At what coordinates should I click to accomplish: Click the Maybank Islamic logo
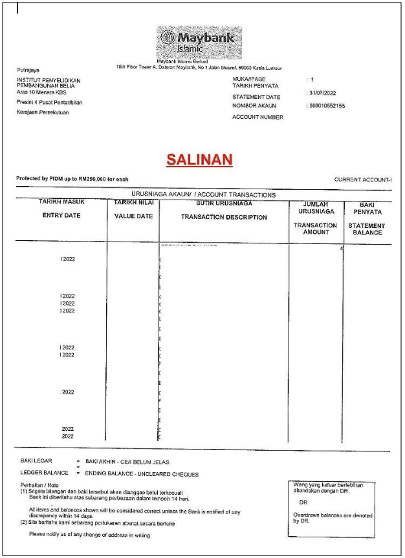(x=197, y=41)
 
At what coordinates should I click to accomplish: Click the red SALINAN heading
(x=199, y=160)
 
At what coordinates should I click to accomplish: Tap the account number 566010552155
(x=328, y=105)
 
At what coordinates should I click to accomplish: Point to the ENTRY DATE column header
(x=61, y=216)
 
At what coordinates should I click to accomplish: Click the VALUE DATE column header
(x=133, y=216)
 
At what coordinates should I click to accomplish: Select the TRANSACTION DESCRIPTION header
(x=224, y=217)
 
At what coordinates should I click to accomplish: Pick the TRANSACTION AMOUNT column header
(x=315, y=229)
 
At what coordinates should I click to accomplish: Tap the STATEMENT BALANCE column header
(x=367, y=229)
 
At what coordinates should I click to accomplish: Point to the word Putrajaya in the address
(x=30, y=68)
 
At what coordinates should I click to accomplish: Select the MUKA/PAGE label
(x=249, y=79)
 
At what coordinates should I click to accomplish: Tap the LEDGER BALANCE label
(x=44, y=474)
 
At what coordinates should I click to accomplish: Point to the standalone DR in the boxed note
(x=304, y=501)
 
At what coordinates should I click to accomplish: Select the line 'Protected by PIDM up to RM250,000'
(x=72, y=179)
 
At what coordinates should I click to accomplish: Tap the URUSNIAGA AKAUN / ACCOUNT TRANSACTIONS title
(x=203, y=194)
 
